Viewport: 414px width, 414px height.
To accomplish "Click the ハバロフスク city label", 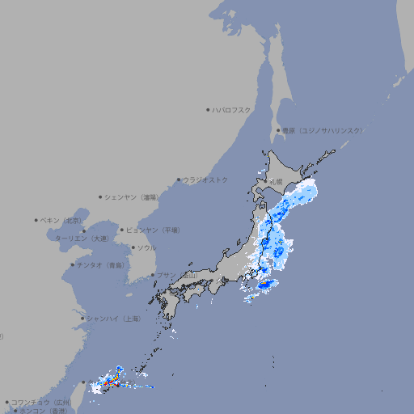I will [x=232, y=110].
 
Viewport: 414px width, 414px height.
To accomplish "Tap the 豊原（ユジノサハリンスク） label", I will [x=322, y=130].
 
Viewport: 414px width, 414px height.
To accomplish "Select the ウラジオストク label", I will [x=205, y=180].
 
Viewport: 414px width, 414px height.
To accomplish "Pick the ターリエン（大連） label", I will [x=82, y=239].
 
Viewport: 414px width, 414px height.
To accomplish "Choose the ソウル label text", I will [x=146, y=248].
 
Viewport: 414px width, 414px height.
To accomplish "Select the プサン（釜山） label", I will [x=177, y=276].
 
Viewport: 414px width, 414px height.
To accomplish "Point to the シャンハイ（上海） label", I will [x=113, y=319].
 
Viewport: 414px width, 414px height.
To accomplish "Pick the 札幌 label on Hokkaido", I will [x=277, y=182].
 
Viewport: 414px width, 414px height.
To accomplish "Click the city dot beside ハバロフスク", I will [x=208, y=110].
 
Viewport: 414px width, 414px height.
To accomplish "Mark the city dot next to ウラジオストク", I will [x=179, y=180].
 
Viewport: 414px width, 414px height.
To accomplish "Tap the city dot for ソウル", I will [x=132, y=248].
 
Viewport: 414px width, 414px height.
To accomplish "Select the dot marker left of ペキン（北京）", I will [x=36, y=220].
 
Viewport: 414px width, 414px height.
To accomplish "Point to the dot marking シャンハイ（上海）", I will [x=82, y=319].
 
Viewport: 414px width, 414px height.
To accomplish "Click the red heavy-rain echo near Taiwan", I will [x=114, y=379].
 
